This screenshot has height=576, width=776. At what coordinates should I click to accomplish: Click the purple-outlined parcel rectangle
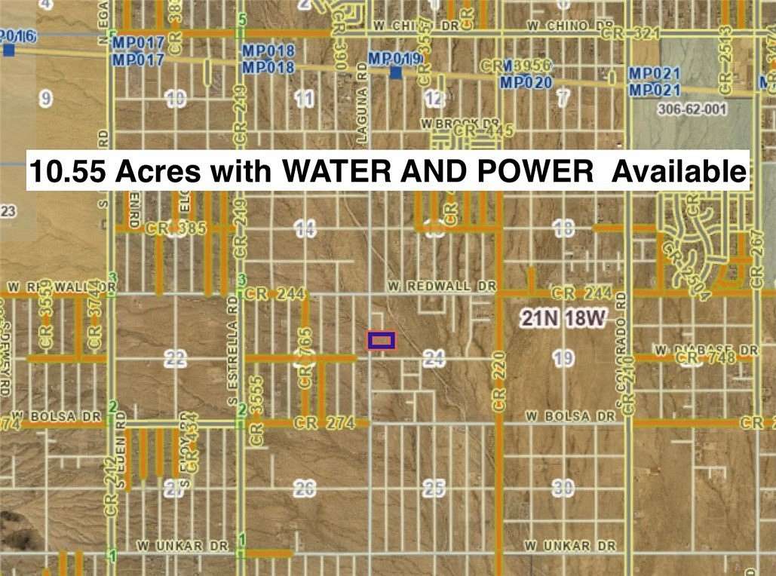click(381, 341)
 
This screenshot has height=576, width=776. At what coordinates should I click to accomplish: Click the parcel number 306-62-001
click(692, 109)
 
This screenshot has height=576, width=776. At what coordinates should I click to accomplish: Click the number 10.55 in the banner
click(64, 171)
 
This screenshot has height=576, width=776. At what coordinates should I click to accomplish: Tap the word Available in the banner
click(679, 171)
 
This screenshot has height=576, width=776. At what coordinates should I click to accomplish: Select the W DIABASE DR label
click(705, 350)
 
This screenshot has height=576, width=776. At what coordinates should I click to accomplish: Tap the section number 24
click(433, 360)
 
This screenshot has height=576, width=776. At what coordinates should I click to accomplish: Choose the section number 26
click(304, 489)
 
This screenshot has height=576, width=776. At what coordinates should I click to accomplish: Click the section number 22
click(175, 360)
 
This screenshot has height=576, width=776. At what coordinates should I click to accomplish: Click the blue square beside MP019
click(395, 72)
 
